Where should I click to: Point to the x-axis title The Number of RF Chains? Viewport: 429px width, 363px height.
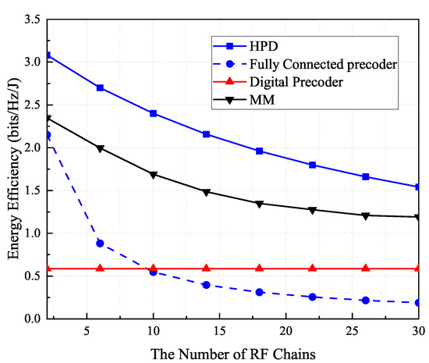pyautogui.click(x=232, y=352)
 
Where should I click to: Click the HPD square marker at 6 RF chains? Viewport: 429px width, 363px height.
pyautogui.click(x=100, y=87)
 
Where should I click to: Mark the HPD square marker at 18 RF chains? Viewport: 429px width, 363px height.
pyautogui.click(x=259, y=151)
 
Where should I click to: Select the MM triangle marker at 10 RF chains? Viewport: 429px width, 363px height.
pyautogui.click(x=153, y=174)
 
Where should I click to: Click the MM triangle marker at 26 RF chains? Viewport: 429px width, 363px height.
pyautogui.click(x=366, y=215)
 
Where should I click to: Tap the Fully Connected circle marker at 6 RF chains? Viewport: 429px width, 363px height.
pyautogui.click(x=100, y=243)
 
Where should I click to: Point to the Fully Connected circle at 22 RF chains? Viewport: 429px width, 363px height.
pyautogui.click(x=312, y=297)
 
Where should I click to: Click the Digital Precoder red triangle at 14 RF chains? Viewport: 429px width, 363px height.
pyautogui.click(x=206, y=268)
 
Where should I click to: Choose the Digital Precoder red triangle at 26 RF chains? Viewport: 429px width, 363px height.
pyautogui.click(x=366, y=268)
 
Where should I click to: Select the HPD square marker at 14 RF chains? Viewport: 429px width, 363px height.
pyautogui.click(x=206, y=134)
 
